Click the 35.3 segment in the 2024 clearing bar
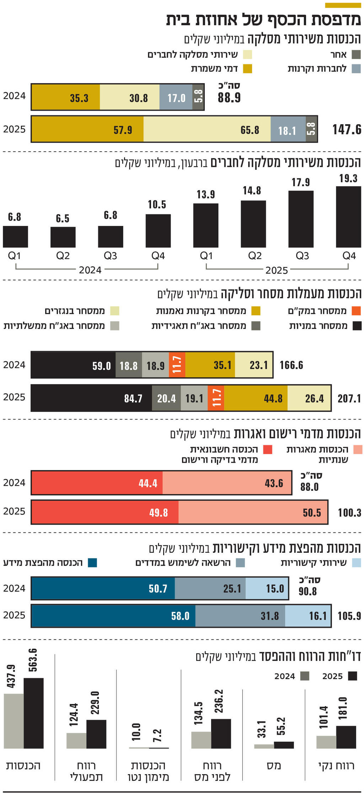66,97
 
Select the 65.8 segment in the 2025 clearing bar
207,129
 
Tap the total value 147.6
347,129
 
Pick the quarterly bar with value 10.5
158,231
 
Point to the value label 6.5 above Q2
63,219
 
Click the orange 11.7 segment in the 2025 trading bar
216,398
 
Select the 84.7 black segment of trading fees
91,398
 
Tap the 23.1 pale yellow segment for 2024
253,365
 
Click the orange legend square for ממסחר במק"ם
357,311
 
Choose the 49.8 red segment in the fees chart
105,513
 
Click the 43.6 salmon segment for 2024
227,483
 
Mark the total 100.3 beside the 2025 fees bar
349,513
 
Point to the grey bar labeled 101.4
326,742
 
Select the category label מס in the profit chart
274,766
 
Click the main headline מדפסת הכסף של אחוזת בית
263,20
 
